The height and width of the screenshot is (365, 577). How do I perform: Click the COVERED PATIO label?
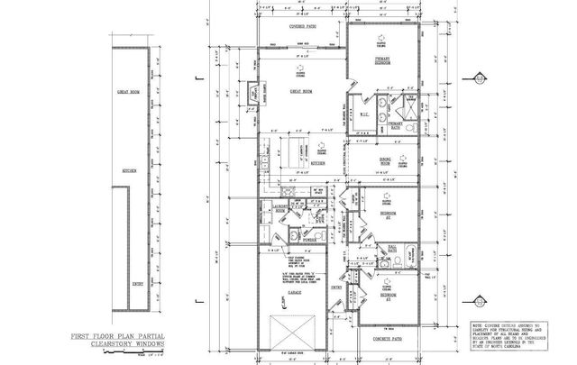coord(302,28)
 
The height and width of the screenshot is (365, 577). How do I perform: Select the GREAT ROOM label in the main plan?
coord(300,91)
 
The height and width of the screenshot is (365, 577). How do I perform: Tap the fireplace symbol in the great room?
coord(253,93)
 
